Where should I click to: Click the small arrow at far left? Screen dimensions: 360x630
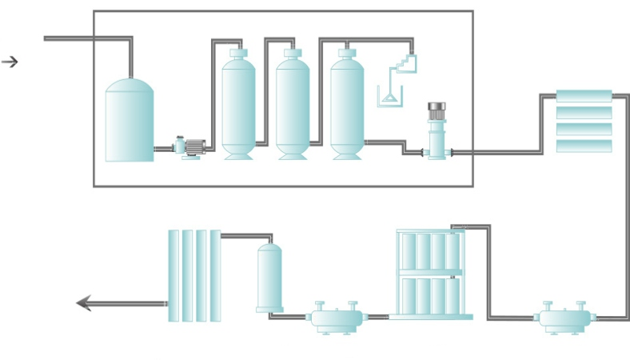pyautogui.click(x=10, y=62)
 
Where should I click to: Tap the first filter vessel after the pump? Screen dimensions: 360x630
pyautogui.click(x=238, y=108)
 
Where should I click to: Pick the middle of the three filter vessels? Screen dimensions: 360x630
pyautogui.click(x=293, y=108)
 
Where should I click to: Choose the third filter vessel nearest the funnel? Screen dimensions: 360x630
pyautogui.click(x=347, y=108)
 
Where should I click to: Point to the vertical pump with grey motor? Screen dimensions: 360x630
pyautogui.click(x=437, y=132)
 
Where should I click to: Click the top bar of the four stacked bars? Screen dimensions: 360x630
pyautogui.click(x=584, y=96)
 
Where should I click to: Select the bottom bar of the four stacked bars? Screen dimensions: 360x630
pyautogui.click(x=584, y=146)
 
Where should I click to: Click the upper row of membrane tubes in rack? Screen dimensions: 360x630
pyautogui.click(x=430, y=251)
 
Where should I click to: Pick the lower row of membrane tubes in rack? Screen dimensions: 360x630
pyautogui.click(x=430, y=295)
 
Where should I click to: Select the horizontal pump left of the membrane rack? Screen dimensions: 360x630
pyautogui.click(x=336, y=318)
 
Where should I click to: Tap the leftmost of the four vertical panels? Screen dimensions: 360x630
pyautogui.click(x=173, y=276)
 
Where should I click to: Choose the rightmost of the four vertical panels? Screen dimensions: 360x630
pyautogui.click(x=215, y=276)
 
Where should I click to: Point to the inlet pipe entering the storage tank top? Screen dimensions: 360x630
pyautogui.click(x=130, y=60)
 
